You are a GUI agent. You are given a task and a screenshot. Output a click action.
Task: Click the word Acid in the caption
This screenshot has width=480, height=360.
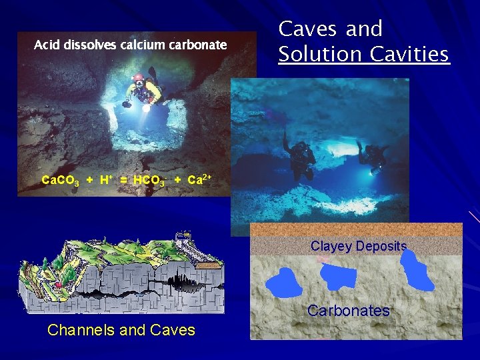click(47, 45)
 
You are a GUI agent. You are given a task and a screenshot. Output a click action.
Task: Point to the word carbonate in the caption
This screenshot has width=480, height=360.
click(195, 45)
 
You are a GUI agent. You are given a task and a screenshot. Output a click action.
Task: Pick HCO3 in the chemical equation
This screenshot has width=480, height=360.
click(149, 180)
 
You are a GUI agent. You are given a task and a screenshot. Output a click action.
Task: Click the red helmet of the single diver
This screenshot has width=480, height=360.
click(138, 78)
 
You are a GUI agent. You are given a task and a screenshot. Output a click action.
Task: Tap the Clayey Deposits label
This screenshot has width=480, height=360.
click(359, 246)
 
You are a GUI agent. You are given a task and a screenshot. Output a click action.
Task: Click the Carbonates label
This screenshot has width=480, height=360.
click(348, 311)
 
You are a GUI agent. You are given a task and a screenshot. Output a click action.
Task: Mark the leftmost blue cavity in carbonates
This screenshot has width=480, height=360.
click(285, 283)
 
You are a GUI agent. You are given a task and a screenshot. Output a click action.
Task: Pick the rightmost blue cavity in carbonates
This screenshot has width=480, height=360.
click(418, 271)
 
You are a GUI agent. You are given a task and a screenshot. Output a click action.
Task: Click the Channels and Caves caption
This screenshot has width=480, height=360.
click(121, 329)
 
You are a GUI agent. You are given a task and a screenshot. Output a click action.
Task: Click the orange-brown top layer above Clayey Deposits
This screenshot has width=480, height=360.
click(355, 229)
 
